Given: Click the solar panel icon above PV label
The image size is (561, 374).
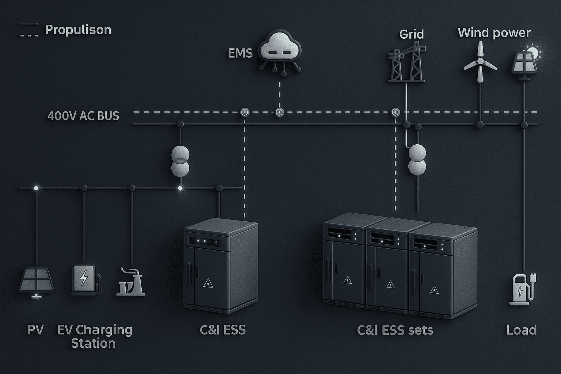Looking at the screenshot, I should coord(36,280).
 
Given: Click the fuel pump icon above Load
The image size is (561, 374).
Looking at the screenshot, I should coord(522,289).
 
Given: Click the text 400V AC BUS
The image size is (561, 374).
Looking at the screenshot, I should coord(83,116).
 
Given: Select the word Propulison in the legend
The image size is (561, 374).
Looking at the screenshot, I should coord(78,30).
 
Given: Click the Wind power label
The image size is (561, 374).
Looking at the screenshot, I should coord(494,33).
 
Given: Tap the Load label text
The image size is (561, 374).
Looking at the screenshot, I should coord(521,330).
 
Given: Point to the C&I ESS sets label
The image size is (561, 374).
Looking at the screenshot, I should coord(395,331).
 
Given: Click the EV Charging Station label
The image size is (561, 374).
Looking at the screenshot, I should coord(94,336).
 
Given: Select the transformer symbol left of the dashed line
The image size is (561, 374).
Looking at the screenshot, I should coord(180,161).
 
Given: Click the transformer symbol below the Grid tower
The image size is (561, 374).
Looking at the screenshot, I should coord(417,159).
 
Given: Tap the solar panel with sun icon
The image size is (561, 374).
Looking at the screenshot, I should coord(526,60).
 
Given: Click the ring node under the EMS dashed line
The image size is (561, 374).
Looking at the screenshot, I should coord(279,112).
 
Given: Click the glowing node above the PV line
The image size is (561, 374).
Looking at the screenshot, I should coord(36,188).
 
